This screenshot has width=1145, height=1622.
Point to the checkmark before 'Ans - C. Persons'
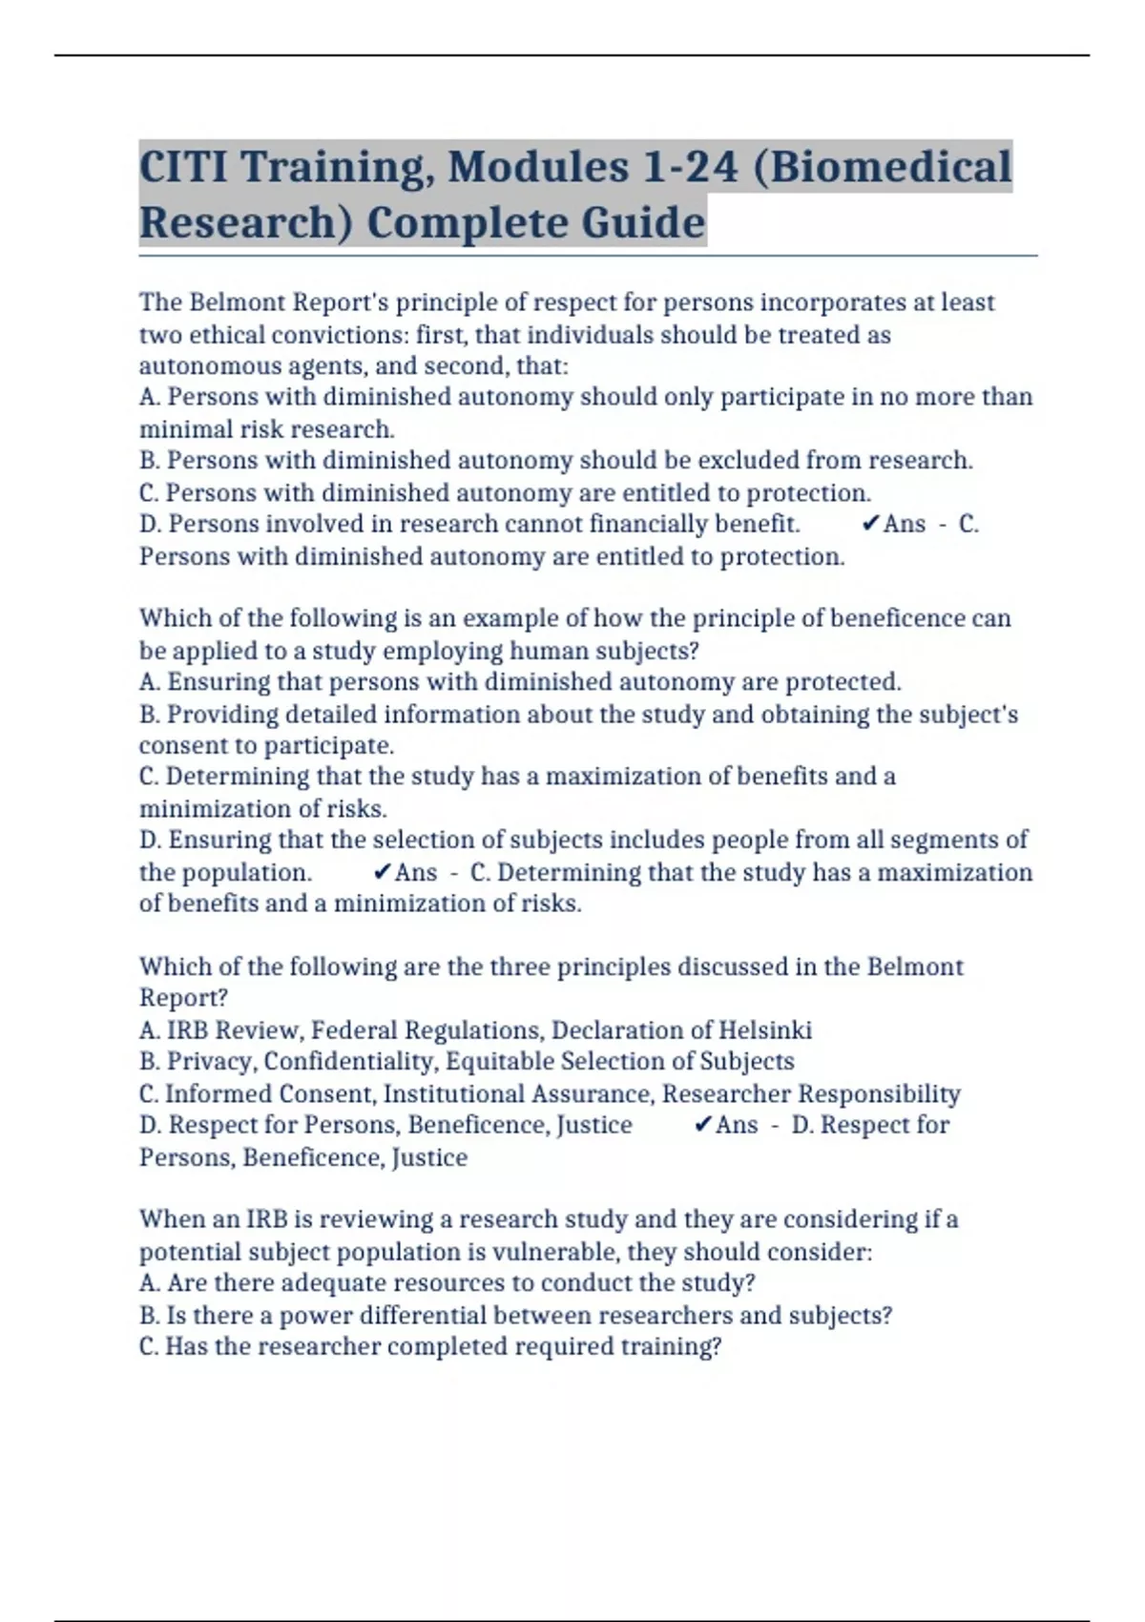[869, 524]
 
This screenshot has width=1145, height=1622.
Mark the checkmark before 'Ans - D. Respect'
[702, 1125]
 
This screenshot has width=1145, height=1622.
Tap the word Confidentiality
[350, 1062]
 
